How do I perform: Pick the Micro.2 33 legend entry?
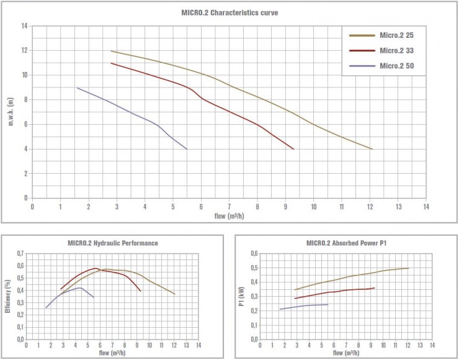(x=398, y=50)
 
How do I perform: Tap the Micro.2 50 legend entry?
(x=398, y=66)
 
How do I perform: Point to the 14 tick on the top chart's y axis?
(x=24, y=26)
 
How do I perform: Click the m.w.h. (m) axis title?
(x=11, y=112)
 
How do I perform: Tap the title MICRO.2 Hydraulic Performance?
(x=112, y=243)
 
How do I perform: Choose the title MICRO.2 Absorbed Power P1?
(x=347, y=243)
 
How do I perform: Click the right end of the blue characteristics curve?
(x=187, y=149)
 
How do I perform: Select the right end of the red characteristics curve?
(x=293, y=149)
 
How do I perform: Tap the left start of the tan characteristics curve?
(x=111, y=51)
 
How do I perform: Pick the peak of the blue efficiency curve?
(x=80, y=287)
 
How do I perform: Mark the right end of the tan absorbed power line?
(x=409, y=268)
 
